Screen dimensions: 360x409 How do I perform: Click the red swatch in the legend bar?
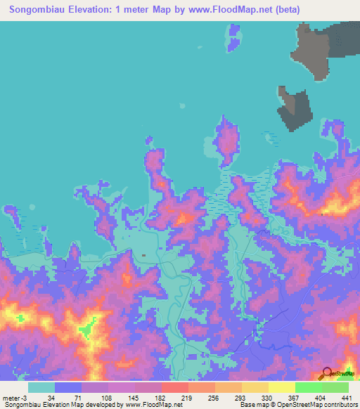pyautogui.click(x=174, y=387)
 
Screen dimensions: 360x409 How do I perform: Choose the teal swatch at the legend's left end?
pyautogui.click(x=41, y=387)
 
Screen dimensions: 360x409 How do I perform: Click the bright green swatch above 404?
pyautogui.click(x=308, y=387)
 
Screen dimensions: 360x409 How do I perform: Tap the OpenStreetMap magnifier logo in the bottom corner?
pyautogui.click(x=328, y=372)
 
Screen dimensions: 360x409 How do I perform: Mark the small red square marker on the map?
pyautogui.click(x=143, y=255)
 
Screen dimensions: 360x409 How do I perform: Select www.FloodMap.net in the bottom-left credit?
pyautogui.click(x=151, y=404)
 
